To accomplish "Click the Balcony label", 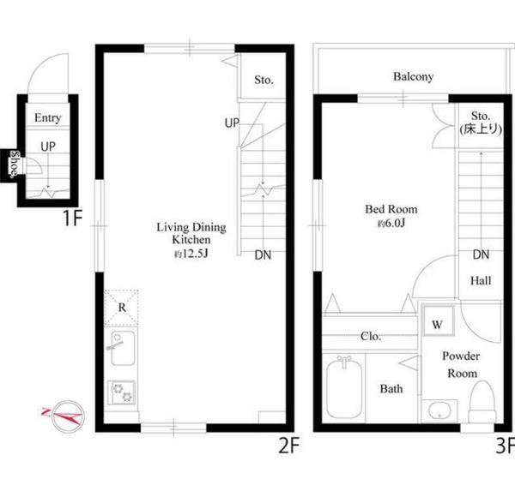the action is point(413,77).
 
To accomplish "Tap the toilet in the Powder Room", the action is point(482,402).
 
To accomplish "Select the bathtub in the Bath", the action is point(344,387).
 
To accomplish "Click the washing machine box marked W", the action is point(438,320).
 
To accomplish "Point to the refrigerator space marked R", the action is point(122,308).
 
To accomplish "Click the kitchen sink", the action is point(123,348).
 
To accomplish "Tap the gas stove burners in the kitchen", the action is point(122,392).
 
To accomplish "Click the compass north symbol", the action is point(67,416).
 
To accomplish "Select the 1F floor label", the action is point(72,218).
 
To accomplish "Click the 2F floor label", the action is point(289,446).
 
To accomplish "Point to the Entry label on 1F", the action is point(48,117).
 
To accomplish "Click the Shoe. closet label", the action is point(15,164).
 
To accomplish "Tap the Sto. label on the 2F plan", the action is point(264,80).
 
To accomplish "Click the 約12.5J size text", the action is point(191,254).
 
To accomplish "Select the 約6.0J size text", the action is point(391,224).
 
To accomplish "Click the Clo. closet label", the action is point(371,336).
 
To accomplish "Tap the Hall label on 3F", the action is point(481,281).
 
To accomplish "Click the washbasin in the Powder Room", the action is point(439,410).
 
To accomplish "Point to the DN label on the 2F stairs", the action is point(264,255).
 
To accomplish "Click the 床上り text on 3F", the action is point(482,129).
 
